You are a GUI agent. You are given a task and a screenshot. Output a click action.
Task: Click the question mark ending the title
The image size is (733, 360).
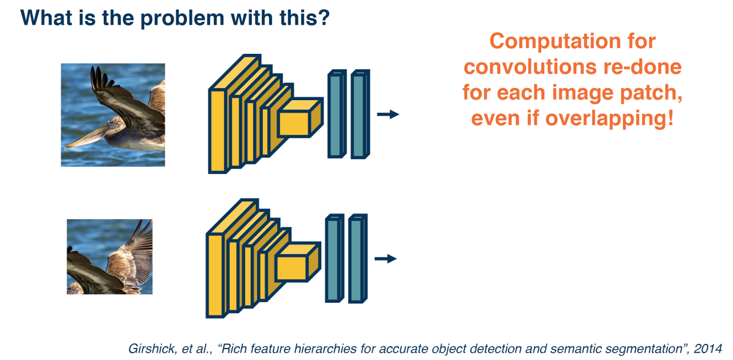click(x=325, y=18)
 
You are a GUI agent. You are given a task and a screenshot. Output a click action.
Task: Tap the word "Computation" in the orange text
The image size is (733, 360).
click(x=573, y=41)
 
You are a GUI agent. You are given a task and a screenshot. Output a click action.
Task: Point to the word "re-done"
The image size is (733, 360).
click(x=648, y=67)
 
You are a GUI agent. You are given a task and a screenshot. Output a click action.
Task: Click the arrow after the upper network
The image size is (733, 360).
click(x=388, y=114)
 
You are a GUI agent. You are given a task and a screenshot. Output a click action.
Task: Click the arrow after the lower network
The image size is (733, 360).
click(x=385, y=259)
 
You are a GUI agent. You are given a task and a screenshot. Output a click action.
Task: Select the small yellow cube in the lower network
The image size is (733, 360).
click(x=296, y=264)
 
